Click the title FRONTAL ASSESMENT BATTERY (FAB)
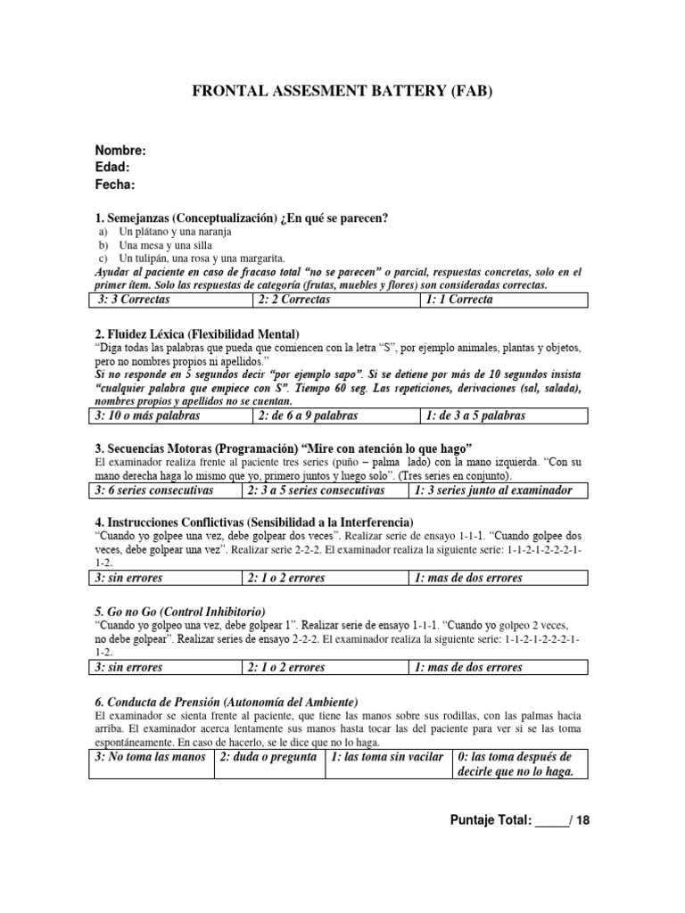coord(342,92)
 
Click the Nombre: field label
coord(120,151)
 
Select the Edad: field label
coord(112,168)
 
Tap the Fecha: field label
coord(115,185)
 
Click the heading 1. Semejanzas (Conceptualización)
coord(241,218)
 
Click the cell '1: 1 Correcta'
coord(503,300)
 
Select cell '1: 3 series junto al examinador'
coord(498,490)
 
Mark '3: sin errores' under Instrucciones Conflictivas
coord(164,579)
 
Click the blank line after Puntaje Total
coord(552,821)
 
